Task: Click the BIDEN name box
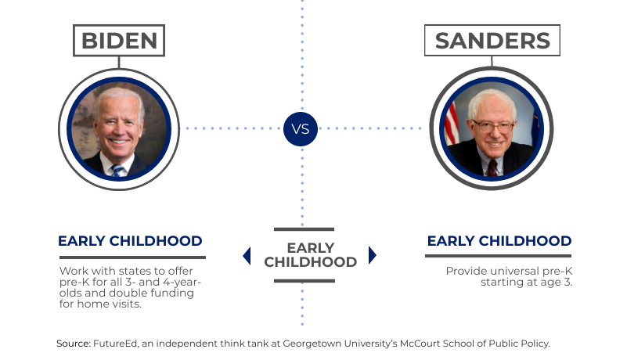[119, 41]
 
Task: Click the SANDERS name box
[492, 40]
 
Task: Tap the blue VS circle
[301, 129]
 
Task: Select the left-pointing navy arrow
[247, 256]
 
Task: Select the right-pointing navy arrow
[373, 255]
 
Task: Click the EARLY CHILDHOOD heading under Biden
[130, 241]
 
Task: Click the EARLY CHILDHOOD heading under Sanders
[499, 241]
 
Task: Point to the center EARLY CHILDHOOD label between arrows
[310, 255]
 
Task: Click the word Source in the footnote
[73, 344]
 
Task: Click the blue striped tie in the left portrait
[117, 171]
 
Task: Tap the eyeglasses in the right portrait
[493, 128]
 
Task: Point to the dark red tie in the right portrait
[492, 168]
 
